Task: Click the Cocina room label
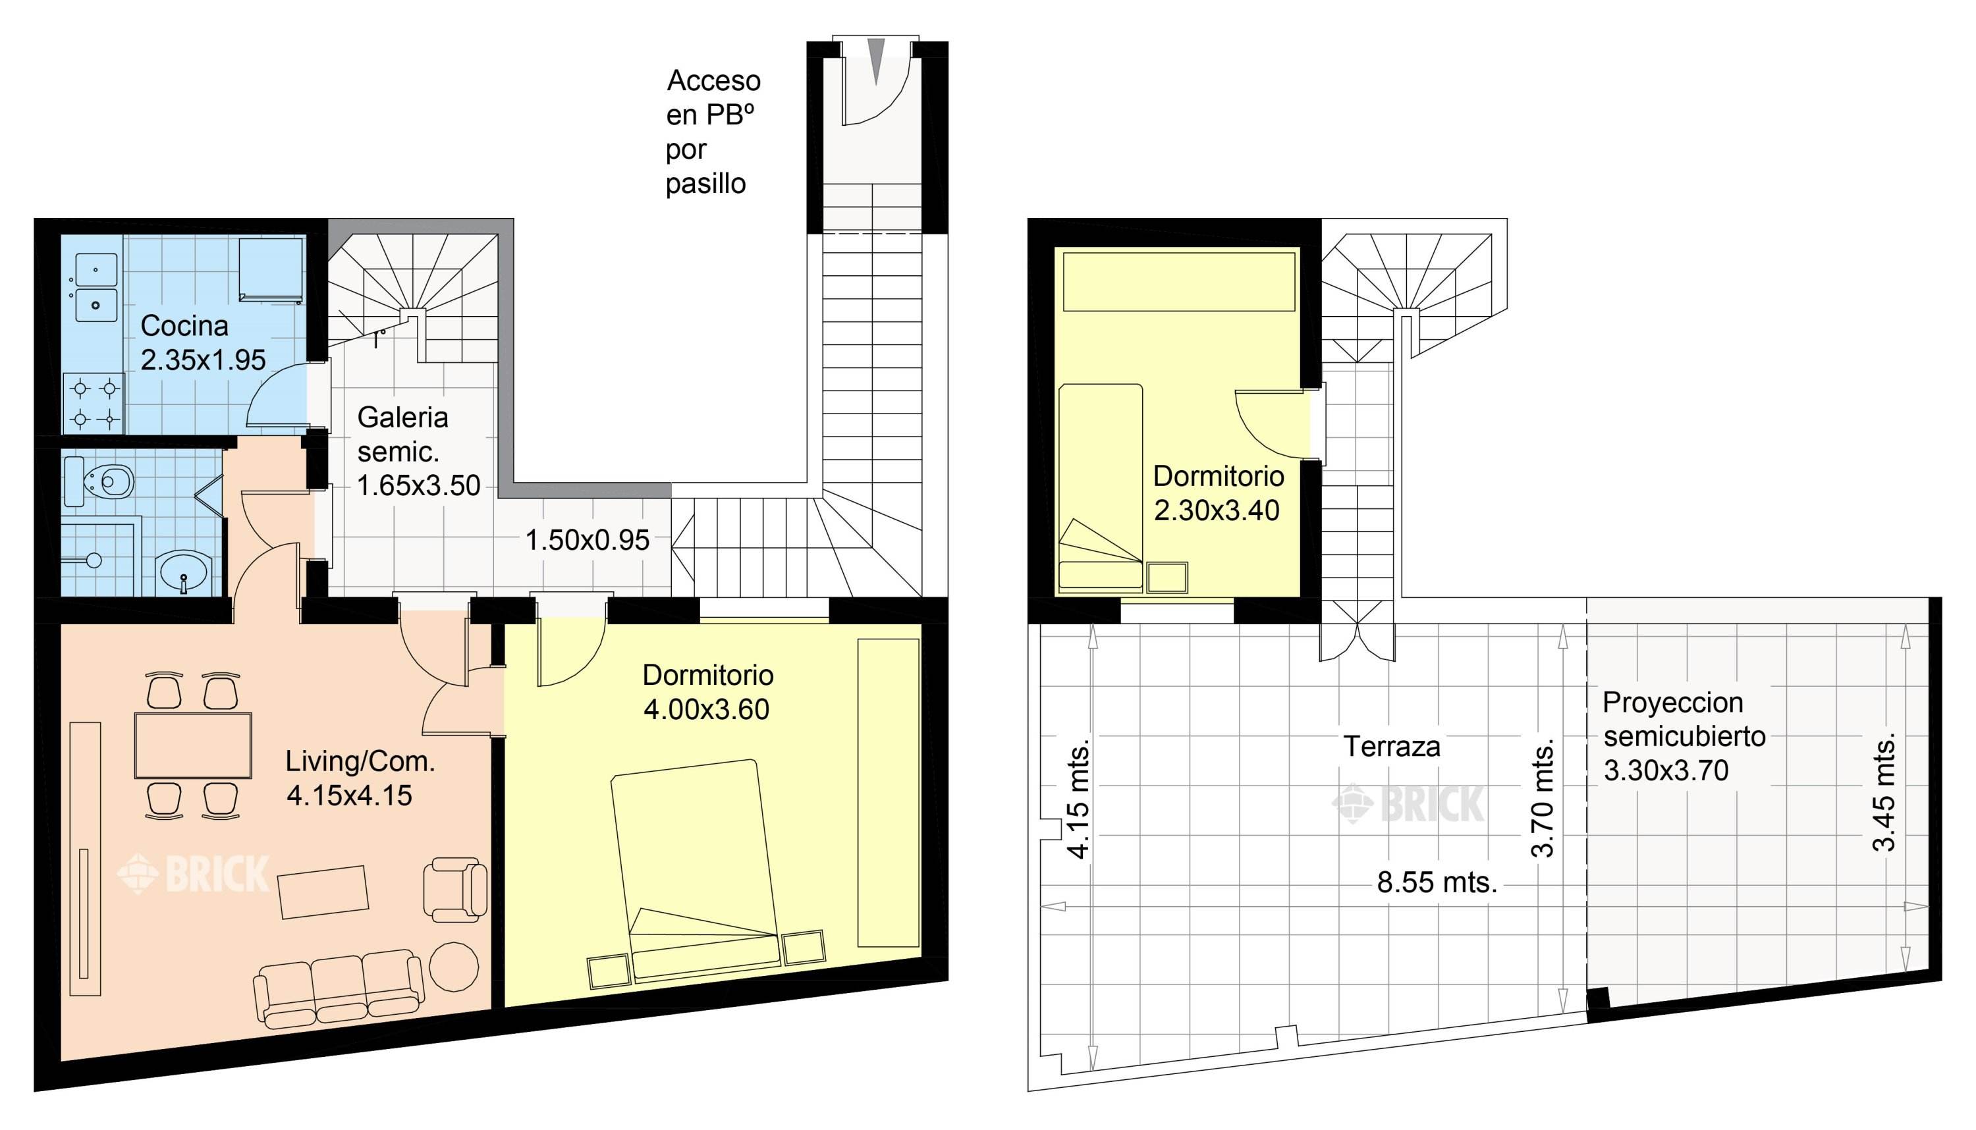pos(184,326)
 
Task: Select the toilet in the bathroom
pos(109,481)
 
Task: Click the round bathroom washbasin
pos(184,574)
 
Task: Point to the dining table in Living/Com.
pos(192,745)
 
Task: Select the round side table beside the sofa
pos(454,966)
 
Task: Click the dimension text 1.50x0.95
pos(587,540)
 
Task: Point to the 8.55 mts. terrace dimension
pos(1437,882)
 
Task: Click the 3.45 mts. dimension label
pos(1884,792)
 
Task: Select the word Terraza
pos(1392,747)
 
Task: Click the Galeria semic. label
pos(402,435)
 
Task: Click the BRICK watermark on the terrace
pos(1409,804)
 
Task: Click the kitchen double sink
pos(96,287)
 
